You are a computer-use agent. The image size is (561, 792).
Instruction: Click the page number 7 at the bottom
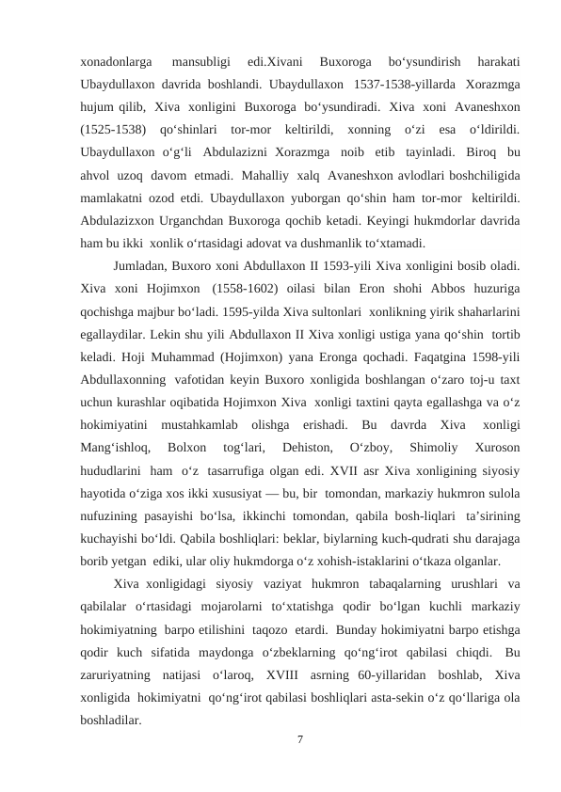[x=298, y=740]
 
